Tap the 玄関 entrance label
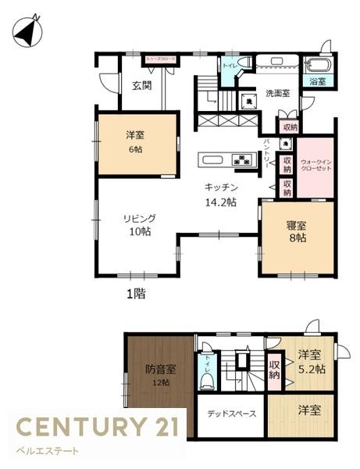(x=141, y=86)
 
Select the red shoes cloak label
(x=157, y=59)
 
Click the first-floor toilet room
(x=230, y=67)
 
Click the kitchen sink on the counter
(x=213, y=160)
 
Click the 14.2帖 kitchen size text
(x=221, y=202)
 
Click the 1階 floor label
(x=137, y=295)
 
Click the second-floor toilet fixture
(x=207, y=381)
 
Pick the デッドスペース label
(x=230, y=413)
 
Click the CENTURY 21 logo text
(x=98, y=427)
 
